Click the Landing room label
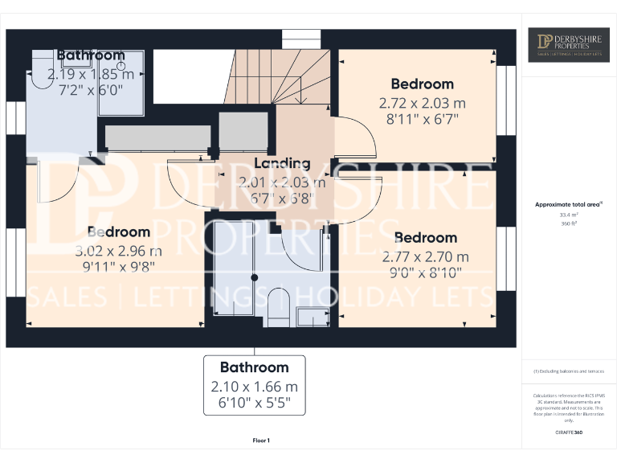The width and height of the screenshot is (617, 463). coord(282,163)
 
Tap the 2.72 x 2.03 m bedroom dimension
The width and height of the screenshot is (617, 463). coord(422,104)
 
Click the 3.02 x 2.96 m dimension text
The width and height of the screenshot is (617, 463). coord(119,249)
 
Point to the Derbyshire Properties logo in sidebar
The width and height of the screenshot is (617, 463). coord(569,45)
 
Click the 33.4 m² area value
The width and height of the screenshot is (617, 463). coord(568,215)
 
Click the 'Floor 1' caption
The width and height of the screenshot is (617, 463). coord(261,440)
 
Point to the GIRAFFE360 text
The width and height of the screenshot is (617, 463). coord(568,433)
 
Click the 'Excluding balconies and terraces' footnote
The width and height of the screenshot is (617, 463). coord(568,371)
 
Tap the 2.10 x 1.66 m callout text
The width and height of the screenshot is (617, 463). coord(254,387)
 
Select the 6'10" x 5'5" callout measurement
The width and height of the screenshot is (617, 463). coord(254,404)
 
